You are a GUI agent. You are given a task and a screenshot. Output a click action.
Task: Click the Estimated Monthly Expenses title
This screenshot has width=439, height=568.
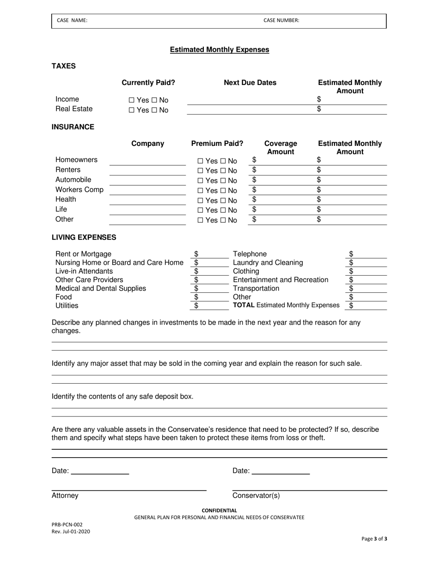[219, 49]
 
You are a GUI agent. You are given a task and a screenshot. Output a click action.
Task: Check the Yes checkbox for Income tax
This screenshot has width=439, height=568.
[132, 100]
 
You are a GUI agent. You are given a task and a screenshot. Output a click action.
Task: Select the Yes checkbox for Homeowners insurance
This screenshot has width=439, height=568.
[200, 161]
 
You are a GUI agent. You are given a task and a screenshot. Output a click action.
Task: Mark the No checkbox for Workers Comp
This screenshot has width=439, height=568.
[222, 191]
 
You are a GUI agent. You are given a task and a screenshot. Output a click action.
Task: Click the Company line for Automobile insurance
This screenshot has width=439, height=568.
[147, 181]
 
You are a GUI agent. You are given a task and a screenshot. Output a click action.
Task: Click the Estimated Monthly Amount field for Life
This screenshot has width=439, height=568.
[354, 210]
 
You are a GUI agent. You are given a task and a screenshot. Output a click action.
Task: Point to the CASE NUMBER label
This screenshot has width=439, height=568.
[281, 20]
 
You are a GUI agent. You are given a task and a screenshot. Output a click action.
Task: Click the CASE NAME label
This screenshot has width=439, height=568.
[72, 20]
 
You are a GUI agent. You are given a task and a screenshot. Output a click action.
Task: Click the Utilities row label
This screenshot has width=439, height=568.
[67, 306]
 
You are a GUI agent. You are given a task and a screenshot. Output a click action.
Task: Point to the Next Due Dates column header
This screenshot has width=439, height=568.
[250, 83]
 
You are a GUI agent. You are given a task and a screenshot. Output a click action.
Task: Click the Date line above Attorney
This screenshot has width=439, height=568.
[99, 471]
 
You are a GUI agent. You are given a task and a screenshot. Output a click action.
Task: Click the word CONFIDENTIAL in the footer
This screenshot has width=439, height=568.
[219, 510]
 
